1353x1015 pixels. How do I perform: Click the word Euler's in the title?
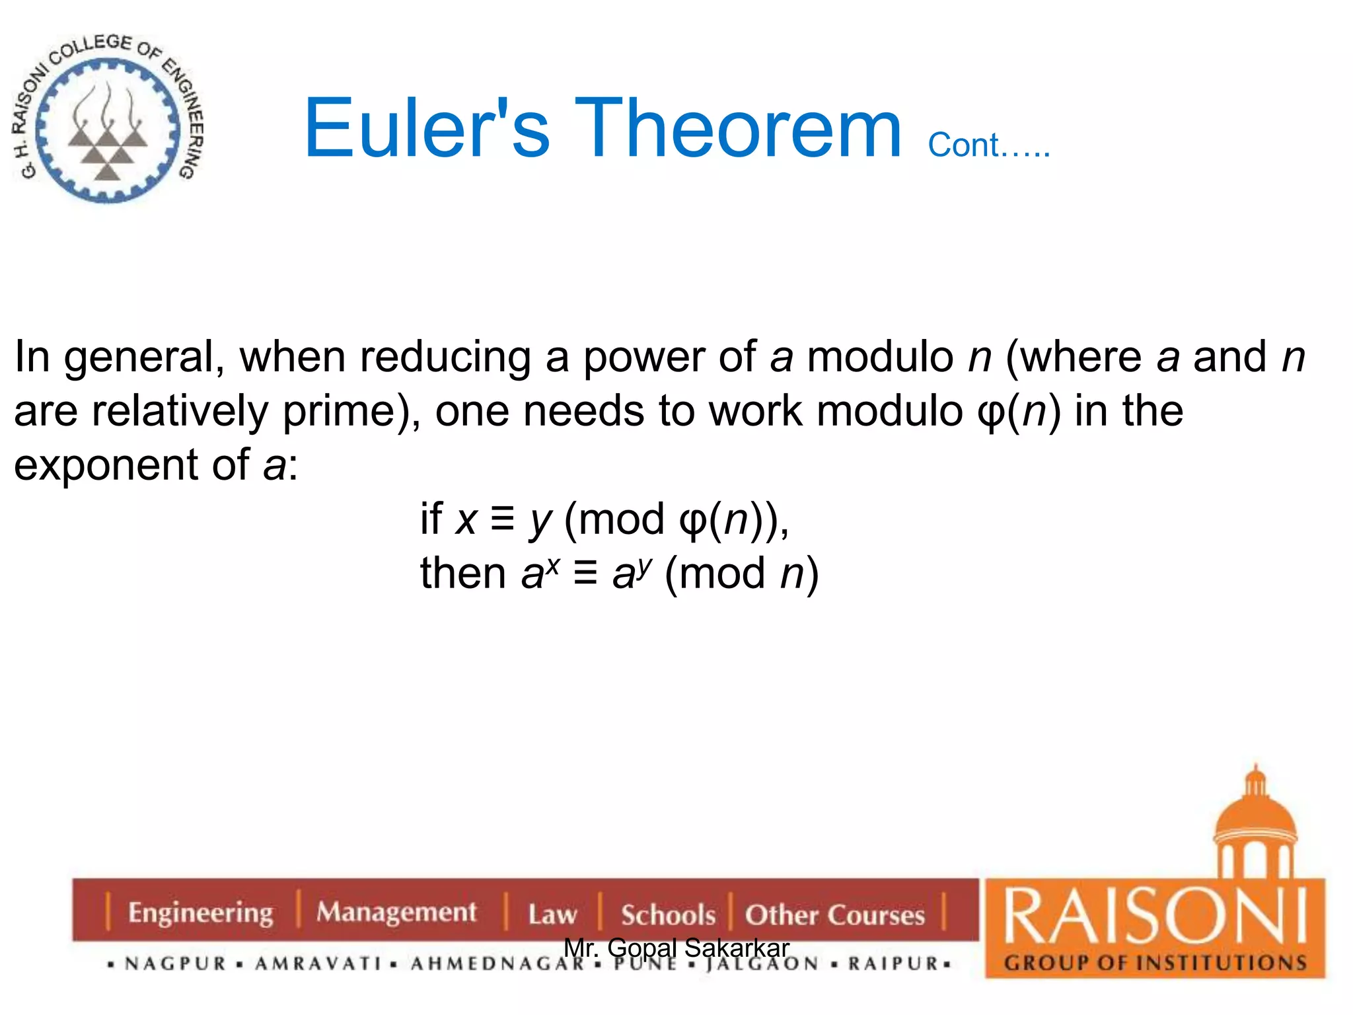pos(426,129)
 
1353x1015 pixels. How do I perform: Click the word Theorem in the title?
pos(738,129)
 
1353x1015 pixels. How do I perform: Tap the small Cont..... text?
pos(988,145)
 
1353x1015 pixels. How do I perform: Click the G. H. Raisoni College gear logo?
pos(108,119)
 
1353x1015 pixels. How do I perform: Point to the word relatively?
pos(180,412)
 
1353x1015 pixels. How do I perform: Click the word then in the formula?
pos(463,573)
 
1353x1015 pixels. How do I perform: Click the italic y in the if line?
pos(540,521)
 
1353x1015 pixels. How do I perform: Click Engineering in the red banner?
pos(200,913)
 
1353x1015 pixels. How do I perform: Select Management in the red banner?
pos(396,913)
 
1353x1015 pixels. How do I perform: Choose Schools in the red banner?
pos(668,915)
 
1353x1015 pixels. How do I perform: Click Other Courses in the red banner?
pos(835,915)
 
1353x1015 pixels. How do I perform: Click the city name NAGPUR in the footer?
pos(176,964)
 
